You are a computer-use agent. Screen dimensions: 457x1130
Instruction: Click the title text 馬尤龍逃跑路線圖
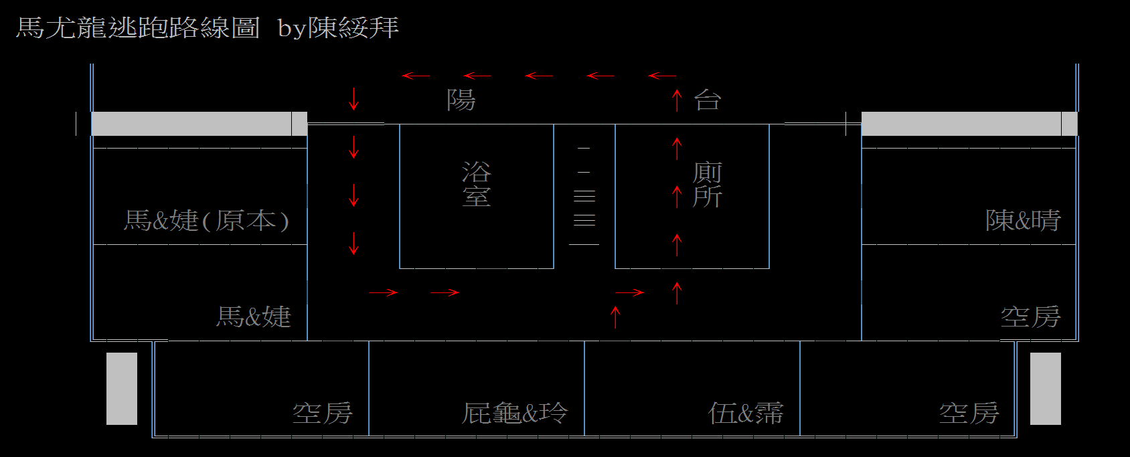pyautogui.click(x=138, y=28)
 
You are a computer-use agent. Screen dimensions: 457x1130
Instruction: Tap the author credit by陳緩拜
pyautogui.click(x=338, y=28)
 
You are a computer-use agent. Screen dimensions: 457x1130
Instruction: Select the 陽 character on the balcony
pyautogui.click(x=461, y=100)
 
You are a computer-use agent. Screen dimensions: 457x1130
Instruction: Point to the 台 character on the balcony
pyautogui.click(x=708, y=100)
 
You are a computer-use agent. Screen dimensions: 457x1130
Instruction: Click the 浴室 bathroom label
pyautogui.click(x=477, y=184)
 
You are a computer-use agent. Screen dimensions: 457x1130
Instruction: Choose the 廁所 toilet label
pyautogui.click(x=707, y=185)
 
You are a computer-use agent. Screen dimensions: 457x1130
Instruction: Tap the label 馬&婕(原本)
pyautogui.click(x=206, y=220)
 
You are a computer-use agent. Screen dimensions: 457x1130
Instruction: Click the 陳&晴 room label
pyautogui.click(x=1023, y=220)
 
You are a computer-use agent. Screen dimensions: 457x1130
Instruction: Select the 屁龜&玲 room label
pyautogui.click(x=515, y=413)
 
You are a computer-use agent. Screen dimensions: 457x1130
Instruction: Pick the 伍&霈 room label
pyautogui.click(x=746, y=413)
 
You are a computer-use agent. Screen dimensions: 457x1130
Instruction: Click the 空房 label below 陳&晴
pyautogui.click(x=1030, y=316)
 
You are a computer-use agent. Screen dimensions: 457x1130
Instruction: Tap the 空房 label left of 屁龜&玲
pyautogui.click(x=323, y=413)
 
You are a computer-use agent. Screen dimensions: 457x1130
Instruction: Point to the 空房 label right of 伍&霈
pyautogui.click(x=969, y=413)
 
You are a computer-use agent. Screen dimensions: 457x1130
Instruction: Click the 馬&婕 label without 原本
pyautogui.click(x=253, y=316)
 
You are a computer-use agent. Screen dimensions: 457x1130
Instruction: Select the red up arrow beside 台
pyautogui.click(x=677, y=100)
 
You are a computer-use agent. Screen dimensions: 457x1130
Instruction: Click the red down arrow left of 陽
pyautogui.click(x=353, y=99)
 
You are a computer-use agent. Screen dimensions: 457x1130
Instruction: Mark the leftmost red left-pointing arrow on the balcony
pyautogui.click(x=415, y=76)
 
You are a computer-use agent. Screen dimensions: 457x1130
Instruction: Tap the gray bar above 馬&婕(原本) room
pyautogui.click(x=199, y=124)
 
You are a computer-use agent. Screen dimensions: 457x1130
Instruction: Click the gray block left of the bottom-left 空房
pyautogui.click(x=122, y=388)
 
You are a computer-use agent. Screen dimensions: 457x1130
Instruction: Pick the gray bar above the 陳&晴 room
pyautogui.click(x=969, y=124)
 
